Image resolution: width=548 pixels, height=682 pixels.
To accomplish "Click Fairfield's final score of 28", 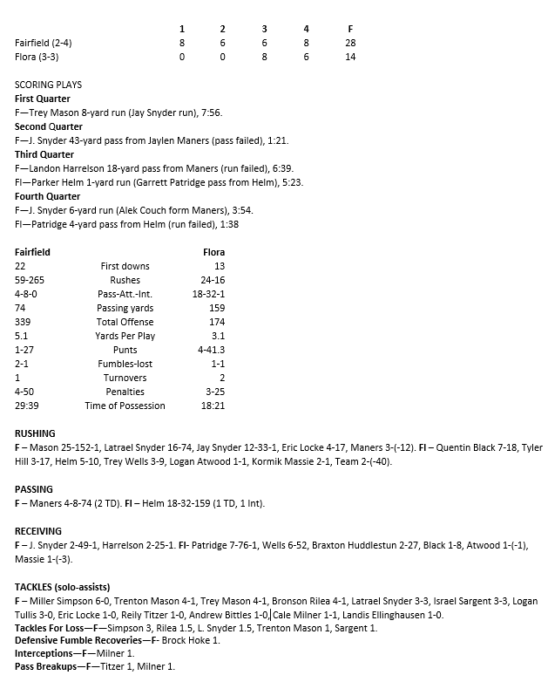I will point(349,43).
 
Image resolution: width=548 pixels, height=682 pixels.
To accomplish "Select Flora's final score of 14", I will point(349,57).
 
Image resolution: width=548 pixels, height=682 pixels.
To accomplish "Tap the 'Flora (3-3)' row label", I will point(38,57).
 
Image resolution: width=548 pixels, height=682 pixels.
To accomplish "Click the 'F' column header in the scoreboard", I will point(349,29).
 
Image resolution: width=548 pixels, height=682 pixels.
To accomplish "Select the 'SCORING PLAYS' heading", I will point(49,85).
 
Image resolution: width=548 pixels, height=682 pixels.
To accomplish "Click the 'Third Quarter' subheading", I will point(44,154).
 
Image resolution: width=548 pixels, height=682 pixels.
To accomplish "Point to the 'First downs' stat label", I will point(125,266).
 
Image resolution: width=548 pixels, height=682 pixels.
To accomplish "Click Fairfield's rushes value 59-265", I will point(30,280).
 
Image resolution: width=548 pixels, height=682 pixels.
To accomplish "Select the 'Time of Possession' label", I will point(125,406).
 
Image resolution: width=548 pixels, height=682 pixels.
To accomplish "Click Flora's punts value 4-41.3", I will point(211,350).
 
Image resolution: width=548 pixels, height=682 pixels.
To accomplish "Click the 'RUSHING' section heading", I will point(36,433).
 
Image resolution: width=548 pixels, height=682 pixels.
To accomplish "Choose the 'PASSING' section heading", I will point(34,489).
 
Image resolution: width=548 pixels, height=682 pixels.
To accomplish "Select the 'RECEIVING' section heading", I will point(38,531).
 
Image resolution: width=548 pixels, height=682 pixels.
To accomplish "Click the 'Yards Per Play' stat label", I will point(125,336).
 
